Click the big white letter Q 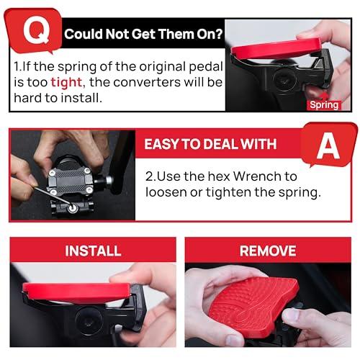pyautogui.click(x=33, y=31)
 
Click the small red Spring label pyautogui.click(x=323, y=104)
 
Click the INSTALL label pyautogui.click(x=93, y=251)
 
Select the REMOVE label pyautogui.click(x=268, y=251)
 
